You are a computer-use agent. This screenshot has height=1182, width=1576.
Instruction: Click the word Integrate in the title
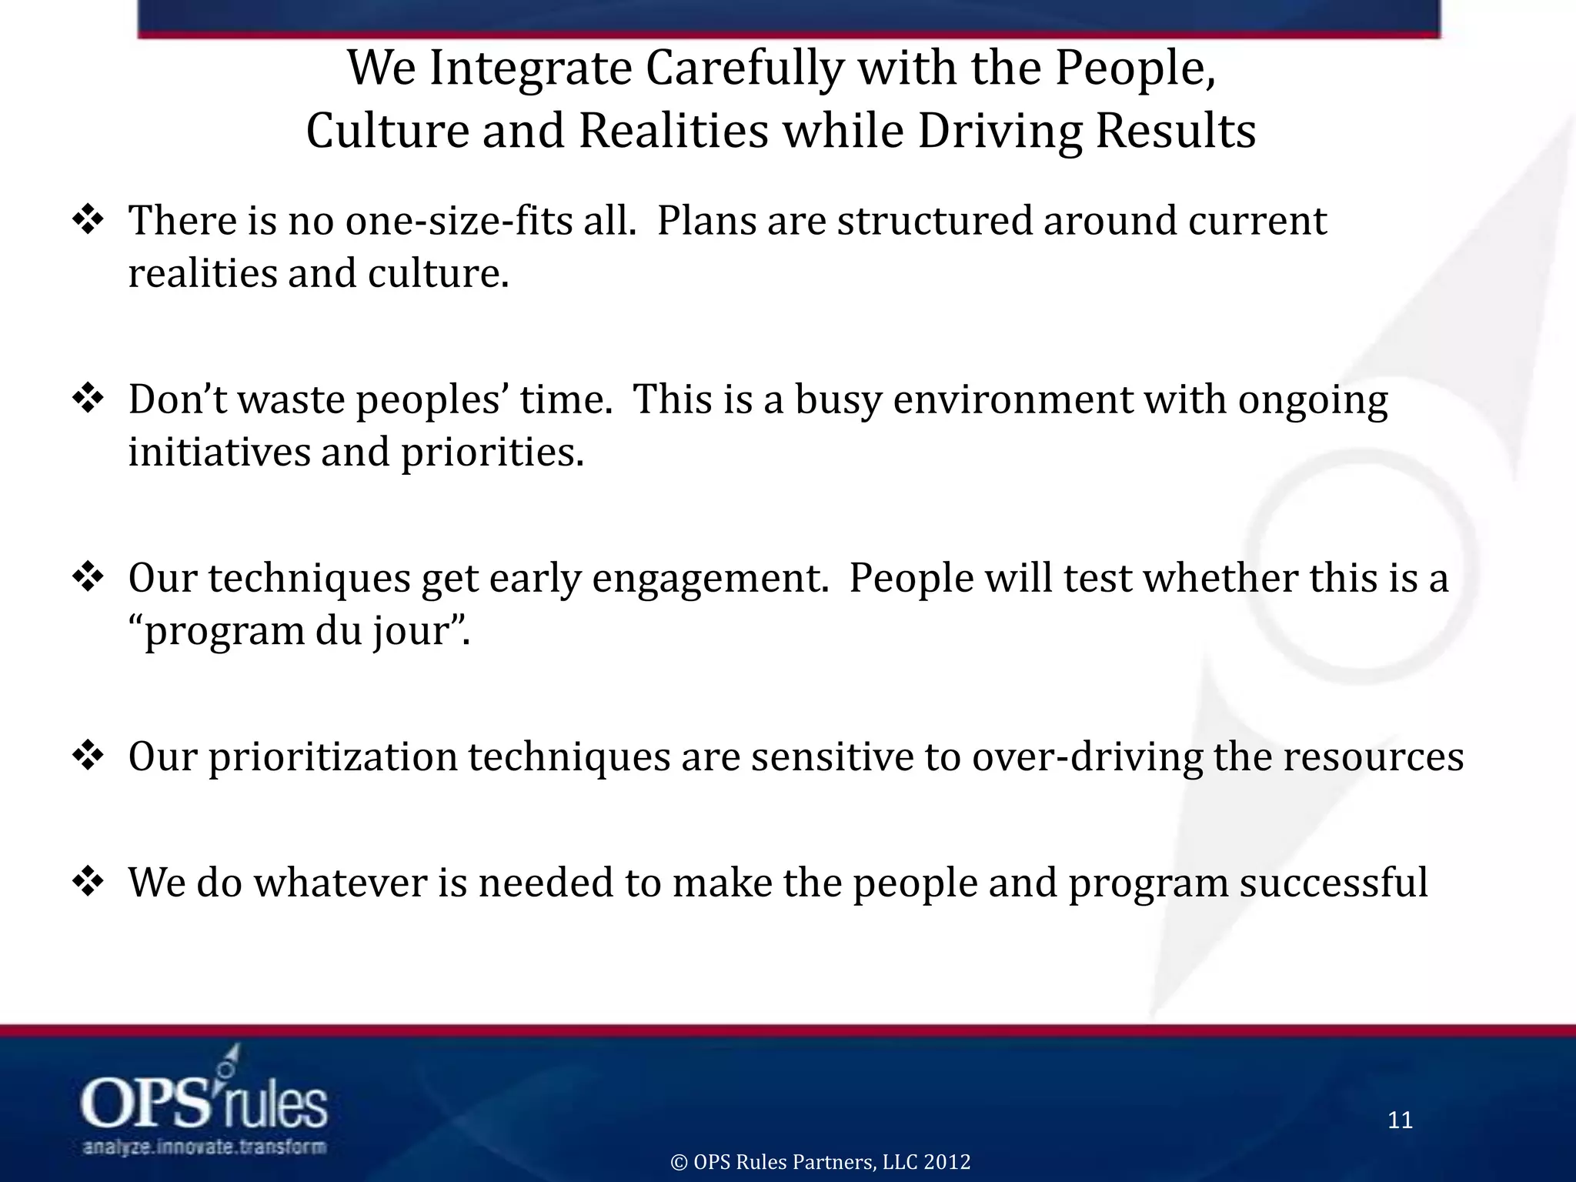coord(530,69)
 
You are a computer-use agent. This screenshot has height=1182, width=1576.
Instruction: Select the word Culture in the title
coord(387,131)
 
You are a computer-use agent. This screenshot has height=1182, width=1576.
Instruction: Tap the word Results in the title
coord(1175,131)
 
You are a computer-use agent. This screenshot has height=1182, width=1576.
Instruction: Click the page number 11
coord(1400,1120)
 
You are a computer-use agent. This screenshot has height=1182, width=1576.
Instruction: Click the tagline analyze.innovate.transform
coord(204,1147)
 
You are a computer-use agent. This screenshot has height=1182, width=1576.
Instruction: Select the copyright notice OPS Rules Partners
coord(820,1162)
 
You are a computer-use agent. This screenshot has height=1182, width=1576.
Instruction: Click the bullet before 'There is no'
coord(88,222)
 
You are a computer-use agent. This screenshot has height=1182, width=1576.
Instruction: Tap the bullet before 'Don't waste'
coord(88,400)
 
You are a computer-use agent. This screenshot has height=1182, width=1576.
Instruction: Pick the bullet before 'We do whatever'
coord(88,883)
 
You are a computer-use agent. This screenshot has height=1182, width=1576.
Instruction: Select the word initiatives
coord(219,452)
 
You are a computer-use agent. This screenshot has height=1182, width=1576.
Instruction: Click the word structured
coord(935,222)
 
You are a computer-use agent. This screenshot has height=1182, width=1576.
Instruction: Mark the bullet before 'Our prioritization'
coord(88,757)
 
